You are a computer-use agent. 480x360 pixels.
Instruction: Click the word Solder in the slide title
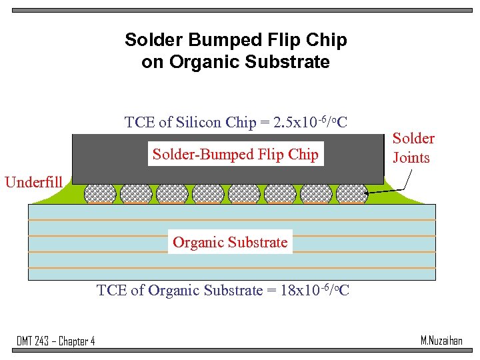pos(149,41)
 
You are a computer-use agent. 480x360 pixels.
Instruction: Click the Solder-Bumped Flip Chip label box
pos(235,155)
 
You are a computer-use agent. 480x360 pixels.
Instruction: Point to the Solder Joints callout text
pos(413,148)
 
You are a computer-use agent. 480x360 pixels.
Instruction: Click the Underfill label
pos(33,182)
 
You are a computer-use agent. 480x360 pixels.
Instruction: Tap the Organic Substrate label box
pos(230,242)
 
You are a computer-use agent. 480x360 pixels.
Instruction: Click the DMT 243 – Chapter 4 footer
pos(55,341)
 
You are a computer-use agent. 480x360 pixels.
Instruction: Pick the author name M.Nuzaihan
pos(441,341)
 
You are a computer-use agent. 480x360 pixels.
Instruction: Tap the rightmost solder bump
pos(352,193)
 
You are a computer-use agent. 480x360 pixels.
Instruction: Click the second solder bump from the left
pos(136,193)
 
